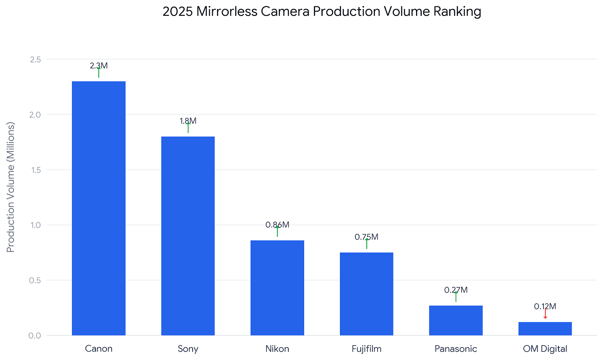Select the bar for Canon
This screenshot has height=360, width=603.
(98, 208)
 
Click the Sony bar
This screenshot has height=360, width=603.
(188, 236)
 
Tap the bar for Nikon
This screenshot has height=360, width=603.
(277, 288)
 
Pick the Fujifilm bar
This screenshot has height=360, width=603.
(366, 294)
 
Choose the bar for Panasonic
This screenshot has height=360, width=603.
(456, 320)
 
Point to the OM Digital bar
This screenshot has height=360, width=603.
(545, 328)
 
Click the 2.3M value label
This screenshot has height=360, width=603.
(98, 66)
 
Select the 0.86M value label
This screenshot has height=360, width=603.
(277, 225)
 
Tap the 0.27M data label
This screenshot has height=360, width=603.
(456, 290)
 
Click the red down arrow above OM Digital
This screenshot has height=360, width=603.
(545, 313)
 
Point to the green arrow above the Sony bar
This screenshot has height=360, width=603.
(188, 128)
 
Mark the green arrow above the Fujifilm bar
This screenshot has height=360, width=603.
(366, 244)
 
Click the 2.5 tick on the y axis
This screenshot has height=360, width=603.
(35, 60)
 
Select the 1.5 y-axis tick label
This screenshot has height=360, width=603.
(35, 170)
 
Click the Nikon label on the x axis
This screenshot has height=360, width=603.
(277, 349)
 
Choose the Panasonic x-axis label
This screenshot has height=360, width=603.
(456, 349)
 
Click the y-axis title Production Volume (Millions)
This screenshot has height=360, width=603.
(10, 187)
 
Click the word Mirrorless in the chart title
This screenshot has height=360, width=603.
(227, 12)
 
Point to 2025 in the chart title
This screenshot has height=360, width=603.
(178, 12)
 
